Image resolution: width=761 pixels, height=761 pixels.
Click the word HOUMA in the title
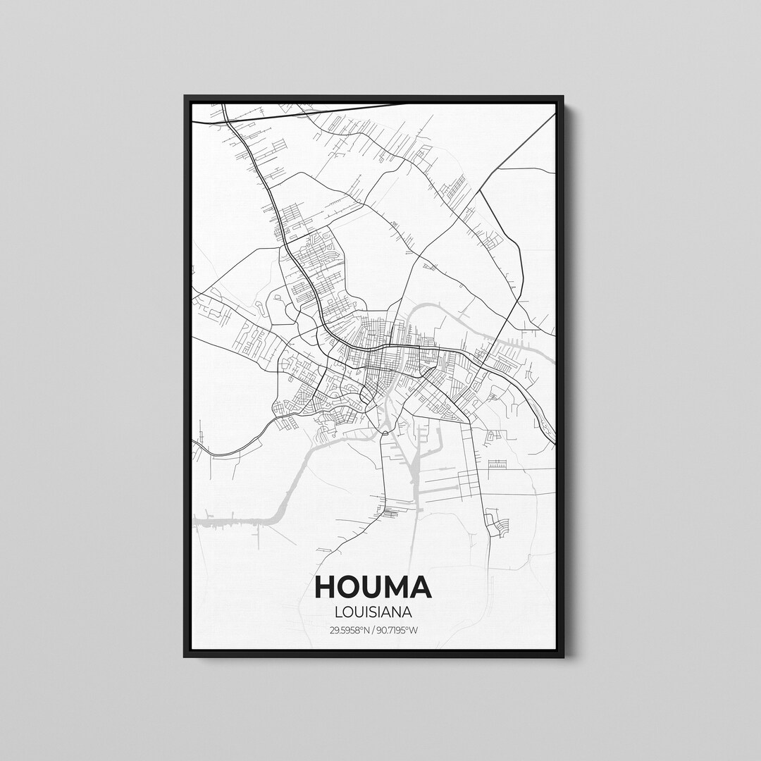(x=373, y=587)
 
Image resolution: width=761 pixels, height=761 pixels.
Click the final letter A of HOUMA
(x=421, y=587)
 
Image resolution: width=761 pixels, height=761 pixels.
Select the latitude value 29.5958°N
(x=349, y=630)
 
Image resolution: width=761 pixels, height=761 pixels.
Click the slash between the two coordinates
(x=373, y=630)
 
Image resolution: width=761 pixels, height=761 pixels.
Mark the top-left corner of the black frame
(x=185, y=97)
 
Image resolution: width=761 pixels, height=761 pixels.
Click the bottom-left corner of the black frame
(x=185, y=656)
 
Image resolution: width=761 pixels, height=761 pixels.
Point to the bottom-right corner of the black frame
(x=562, y=656)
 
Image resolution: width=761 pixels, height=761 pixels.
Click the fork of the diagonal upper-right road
(x=498, y=169)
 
